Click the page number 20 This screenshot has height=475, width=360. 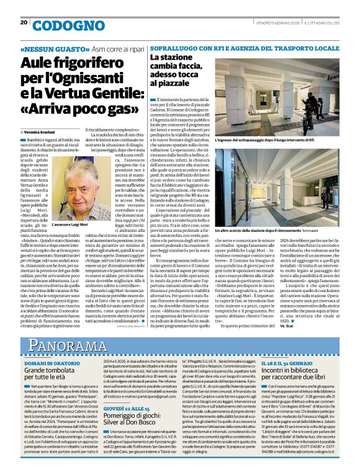pyautogui.click(x=24, y=22)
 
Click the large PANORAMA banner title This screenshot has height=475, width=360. pyautogui.click(x=68, y=345)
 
